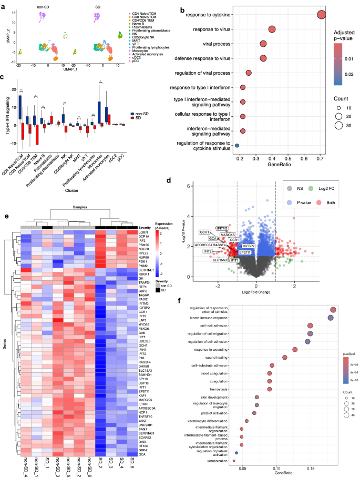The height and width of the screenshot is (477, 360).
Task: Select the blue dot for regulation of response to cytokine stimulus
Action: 237,145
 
